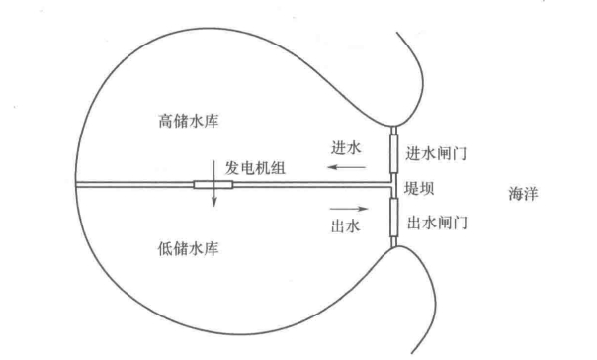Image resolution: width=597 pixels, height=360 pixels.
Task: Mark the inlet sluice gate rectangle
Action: click(392, 151)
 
